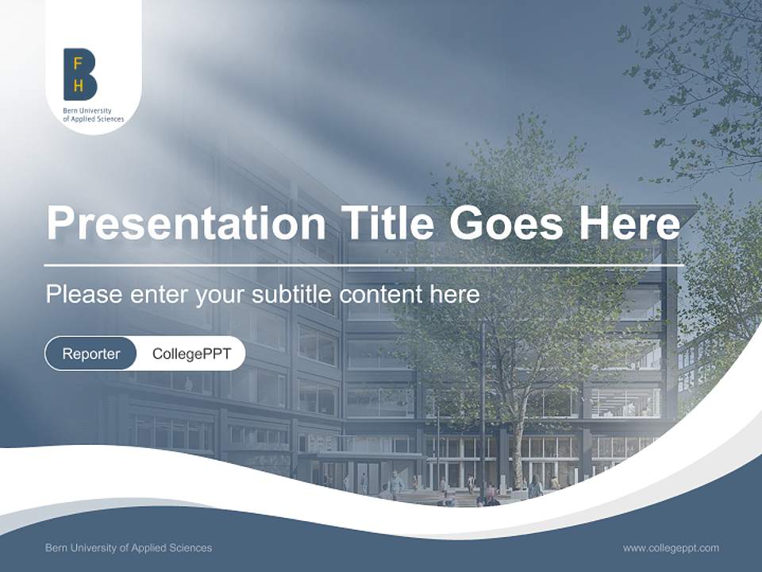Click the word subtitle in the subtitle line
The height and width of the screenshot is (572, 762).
(x=293, y=295)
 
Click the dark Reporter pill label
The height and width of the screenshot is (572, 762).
(x=90, y=354)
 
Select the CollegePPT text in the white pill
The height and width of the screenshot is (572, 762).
(x=191, y=354)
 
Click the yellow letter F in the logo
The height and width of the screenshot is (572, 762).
(x=78, y=63)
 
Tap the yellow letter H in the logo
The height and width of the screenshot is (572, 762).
(x=78, y=86)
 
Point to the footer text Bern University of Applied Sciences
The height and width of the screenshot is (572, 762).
(x=129, y=547)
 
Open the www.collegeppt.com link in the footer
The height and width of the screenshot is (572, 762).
(x=671, y=547)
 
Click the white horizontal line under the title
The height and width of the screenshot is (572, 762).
(x=364, y=265)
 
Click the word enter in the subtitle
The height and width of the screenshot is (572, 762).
(x=158, y=295)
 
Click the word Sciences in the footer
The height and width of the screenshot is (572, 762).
(x=192, y=547)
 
